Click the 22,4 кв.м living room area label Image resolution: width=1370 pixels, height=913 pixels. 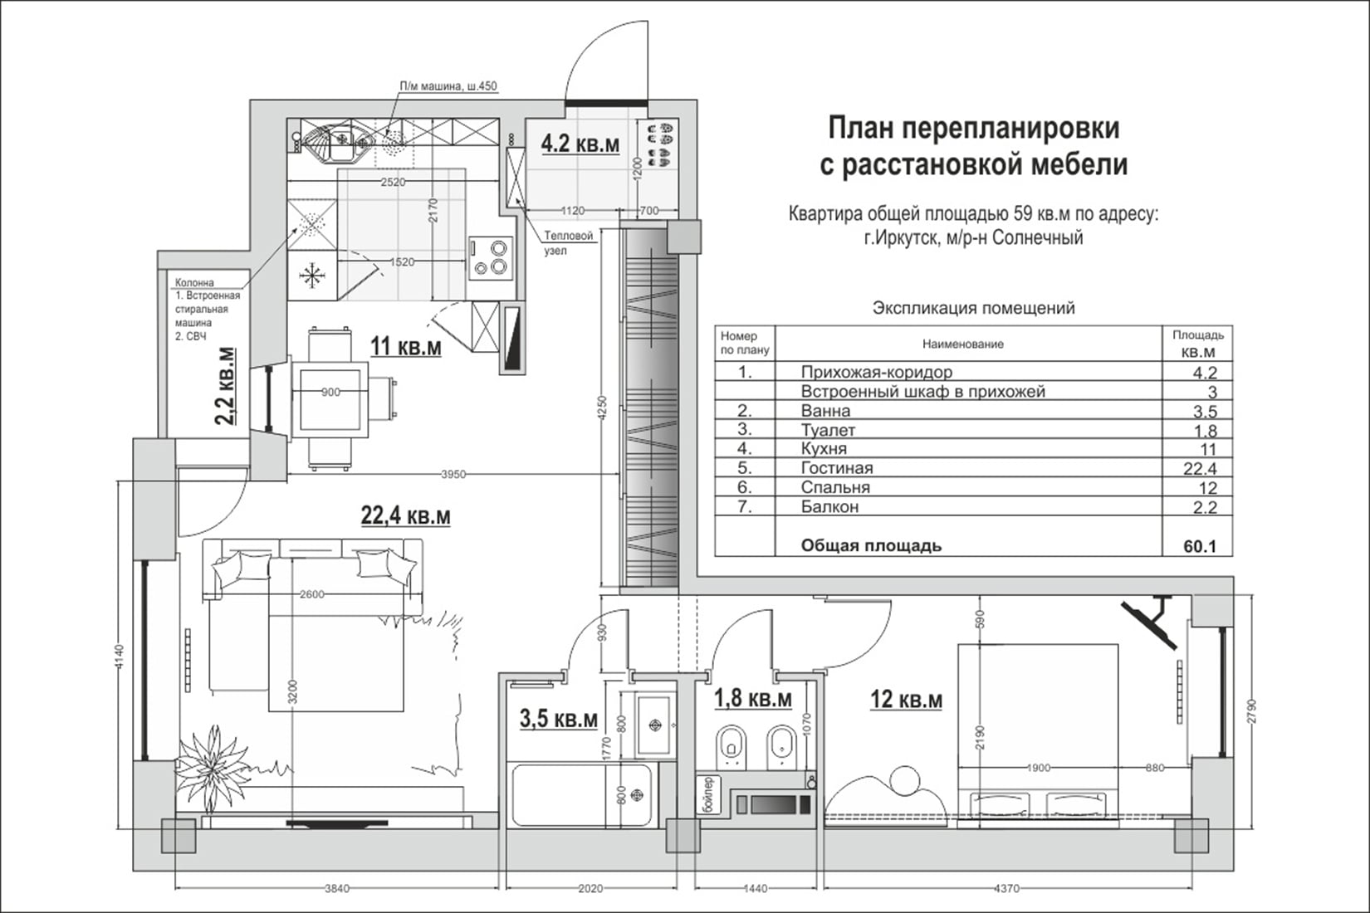[405, 516]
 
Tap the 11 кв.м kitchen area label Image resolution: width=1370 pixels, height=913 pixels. [405, 346]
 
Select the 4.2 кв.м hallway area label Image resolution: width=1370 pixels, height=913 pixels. [580, 144]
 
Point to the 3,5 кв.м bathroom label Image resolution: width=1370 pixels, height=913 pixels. [558, 719]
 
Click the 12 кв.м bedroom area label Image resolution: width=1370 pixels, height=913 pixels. [905, 700]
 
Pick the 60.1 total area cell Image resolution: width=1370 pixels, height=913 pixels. [1199, 546]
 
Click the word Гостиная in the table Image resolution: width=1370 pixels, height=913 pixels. [836, 468]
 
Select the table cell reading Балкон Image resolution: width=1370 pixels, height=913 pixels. [829, 506]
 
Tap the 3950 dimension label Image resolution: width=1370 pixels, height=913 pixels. [453, 475]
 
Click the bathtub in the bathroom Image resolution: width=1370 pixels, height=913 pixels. [581, 795]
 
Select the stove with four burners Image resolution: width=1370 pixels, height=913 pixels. [489, 256]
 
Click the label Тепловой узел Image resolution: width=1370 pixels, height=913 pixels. [568, 242]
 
